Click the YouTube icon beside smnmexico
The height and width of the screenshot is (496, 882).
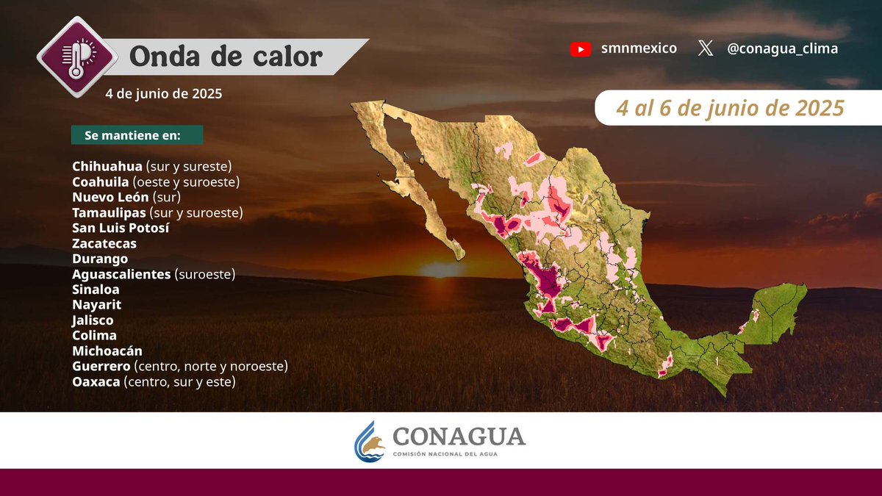tap(580, 49)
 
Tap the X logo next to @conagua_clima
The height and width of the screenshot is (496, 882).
tap(706, 49)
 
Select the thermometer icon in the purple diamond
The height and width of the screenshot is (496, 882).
tap(76, 56)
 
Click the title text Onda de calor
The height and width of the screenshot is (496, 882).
tap(226, 57)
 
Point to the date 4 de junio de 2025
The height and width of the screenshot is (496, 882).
tap(163, 94)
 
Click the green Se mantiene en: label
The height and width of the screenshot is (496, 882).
tap(137, 136)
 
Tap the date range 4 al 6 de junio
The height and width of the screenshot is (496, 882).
tap(730, 109)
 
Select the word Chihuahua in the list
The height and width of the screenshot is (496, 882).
tap(107, 166)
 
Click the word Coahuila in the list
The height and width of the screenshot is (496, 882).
tap(101, 181)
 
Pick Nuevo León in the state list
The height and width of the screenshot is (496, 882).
tap(111, 197)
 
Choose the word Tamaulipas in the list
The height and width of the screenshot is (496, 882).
tap(109, 212)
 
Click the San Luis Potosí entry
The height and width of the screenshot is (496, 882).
tap(121, 228)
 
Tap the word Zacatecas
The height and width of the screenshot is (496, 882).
tap(104, 243)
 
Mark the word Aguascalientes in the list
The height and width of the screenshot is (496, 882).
tap(121, 274)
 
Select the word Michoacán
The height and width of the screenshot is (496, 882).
tap(107, 351)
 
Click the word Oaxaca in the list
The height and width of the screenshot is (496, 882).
tap(96, 382)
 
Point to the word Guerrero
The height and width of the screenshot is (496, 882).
tap(101, 366)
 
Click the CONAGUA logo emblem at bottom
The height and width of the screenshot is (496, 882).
tap(370, 441)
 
